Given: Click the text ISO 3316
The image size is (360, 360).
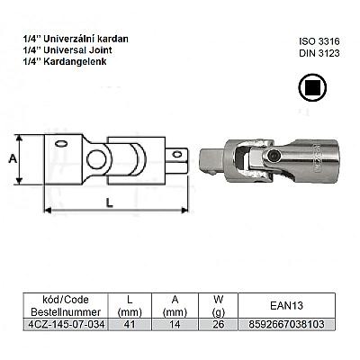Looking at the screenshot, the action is coord(319,41).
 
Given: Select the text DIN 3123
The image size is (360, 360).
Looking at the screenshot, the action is coord(319,53).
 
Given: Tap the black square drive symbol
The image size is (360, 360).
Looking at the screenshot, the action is coord(312,87).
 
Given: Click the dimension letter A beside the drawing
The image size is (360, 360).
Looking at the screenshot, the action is coord(13,158).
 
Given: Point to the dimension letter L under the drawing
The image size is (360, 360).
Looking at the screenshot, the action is coord(110,202).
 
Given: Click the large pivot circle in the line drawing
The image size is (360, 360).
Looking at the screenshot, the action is coord(97,159).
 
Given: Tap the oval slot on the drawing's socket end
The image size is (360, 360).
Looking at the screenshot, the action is coord(61,144).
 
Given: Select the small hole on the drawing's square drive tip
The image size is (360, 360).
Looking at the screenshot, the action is coord(177,155).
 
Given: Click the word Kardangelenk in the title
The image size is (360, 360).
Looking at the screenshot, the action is coord(75,62).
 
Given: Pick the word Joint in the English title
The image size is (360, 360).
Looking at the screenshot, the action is coord(101,49).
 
